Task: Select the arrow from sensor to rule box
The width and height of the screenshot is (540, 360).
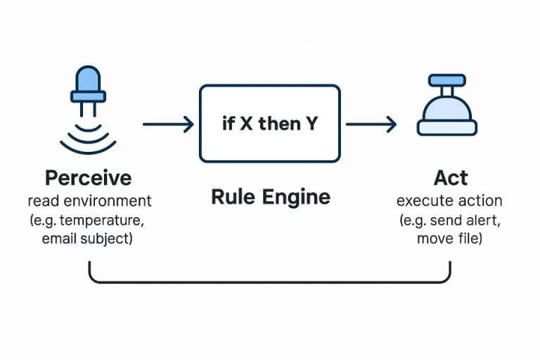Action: tap(168, 125)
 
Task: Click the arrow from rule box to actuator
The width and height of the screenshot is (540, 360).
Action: tap(371, 125)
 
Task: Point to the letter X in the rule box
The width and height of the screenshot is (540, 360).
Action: tap(246, 124)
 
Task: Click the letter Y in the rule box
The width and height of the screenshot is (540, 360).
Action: tap(311, 124)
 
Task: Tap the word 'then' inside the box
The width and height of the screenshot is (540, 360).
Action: tap(279, 124)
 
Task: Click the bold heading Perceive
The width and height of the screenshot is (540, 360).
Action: tap(88, 177)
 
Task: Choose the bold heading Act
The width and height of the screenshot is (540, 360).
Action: tap(450, 177)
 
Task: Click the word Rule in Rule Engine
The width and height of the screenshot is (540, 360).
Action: tap(233, 196)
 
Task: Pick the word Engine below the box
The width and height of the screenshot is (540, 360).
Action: tap(296, 198)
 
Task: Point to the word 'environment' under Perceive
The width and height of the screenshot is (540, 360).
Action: tap(113, 201)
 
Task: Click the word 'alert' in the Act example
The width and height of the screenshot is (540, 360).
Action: tap(481, 220)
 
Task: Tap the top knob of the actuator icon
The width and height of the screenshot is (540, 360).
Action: tap(447, 82)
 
